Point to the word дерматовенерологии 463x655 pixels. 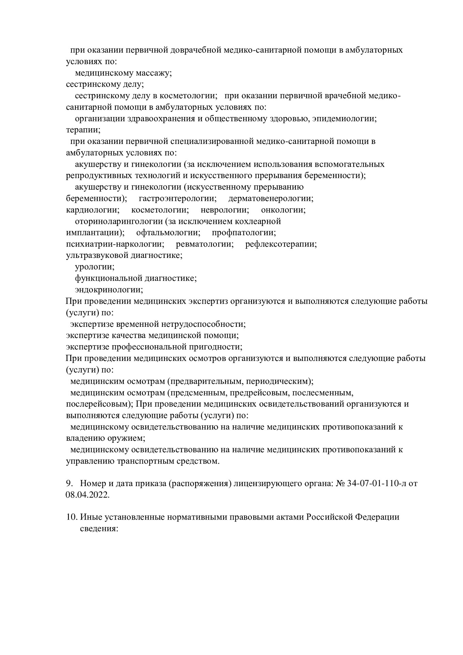point(271,199)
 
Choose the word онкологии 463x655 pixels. point(283,210)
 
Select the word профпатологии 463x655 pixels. point(244,233)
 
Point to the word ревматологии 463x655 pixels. point(205,244)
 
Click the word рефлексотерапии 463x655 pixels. point(281,244)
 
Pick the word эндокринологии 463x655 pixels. point(109,290)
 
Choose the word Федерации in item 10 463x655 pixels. point(377,517)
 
